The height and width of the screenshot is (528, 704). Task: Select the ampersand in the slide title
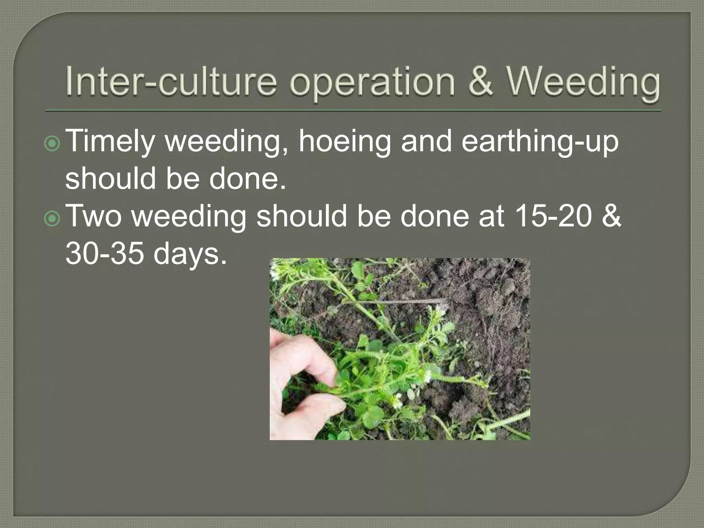coord(481,82)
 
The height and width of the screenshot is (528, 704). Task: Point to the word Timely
coord(110,142)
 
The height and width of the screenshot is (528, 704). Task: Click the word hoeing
coord(344,142)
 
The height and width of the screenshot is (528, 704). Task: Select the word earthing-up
coord(540,142)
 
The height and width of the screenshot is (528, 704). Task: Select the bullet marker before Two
coord(52,219)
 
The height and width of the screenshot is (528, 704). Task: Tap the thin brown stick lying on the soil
coord(395,301)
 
